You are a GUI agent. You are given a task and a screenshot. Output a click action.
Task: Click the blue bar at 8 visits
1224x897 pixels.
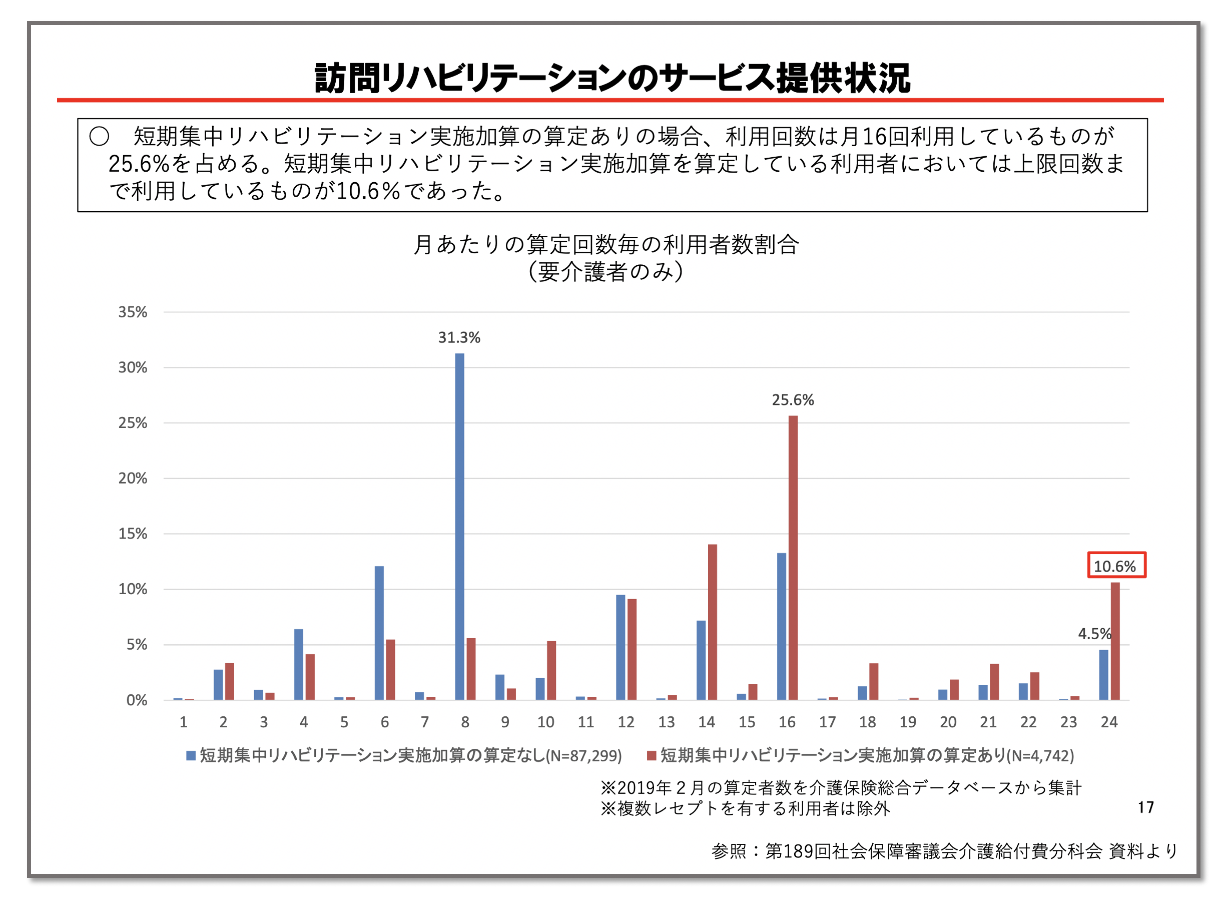(x=459, y=526)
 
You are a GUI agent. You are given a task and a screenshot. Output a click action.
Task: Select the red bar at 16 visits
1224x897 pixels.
(x=793, y=558)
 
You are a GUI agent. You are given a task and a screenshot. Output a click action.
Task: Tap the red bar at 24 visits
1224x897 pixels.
(x=1115, y=641)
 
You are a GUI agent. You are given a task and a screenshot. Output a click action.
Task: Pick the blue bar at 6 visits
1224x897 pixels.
(x=379, y=633)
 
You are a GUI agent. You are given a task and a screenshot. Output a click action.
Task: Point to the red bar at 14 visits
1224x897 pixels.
(x=712, y=622)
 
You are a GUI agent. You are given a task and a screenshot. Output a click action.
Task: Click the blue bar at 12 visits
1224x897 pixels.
(x=621, y=647)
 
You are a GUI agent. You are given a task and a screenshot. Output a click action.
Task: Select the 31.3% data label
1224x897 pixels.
(x=459, y=338)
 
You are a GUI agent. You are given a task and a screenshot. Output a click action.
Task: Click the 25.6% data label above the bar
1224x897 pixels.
(x=793, y=400)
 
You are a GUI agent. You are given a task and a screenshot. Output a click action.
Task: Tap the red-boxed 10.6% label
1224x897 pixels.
(x=1116, y=566)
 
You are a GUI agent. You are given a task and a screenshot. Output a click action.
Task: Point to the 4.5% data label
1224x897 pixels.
(x=1094, y=634)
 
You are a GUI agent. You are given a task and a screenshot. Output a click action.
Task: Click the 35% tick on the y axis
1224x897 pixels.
(x=133, y=312)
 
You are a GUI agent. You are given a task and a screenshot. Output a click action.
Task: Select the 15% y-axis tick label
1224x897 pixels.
(x=133, y=534)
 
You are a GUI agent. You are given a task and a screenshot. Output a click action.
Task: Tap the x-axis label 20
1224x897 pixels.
(x=948, y=722)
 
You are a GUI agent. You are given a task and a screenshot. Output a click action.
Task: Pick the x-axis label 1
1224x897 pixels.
(x=184, y=722)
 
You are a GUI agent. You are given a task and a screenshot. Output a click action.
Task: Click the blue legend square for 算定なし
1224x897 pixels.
(x=191, y=756)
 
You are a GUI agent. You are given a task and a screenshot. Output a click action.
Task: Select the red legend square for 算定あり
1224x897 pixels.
(x=652, y=756)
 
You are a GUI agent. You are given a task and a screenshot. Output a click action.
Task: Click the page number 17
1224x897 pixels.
(x=1145, y=807)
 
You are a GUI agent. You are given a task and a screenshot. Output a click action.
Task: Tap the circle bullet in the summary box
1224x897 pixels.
(x=100, y=136)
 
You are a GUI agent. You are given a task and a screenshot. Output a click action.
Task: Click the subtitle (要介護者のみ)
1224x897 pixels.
(x=606, y=272)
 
